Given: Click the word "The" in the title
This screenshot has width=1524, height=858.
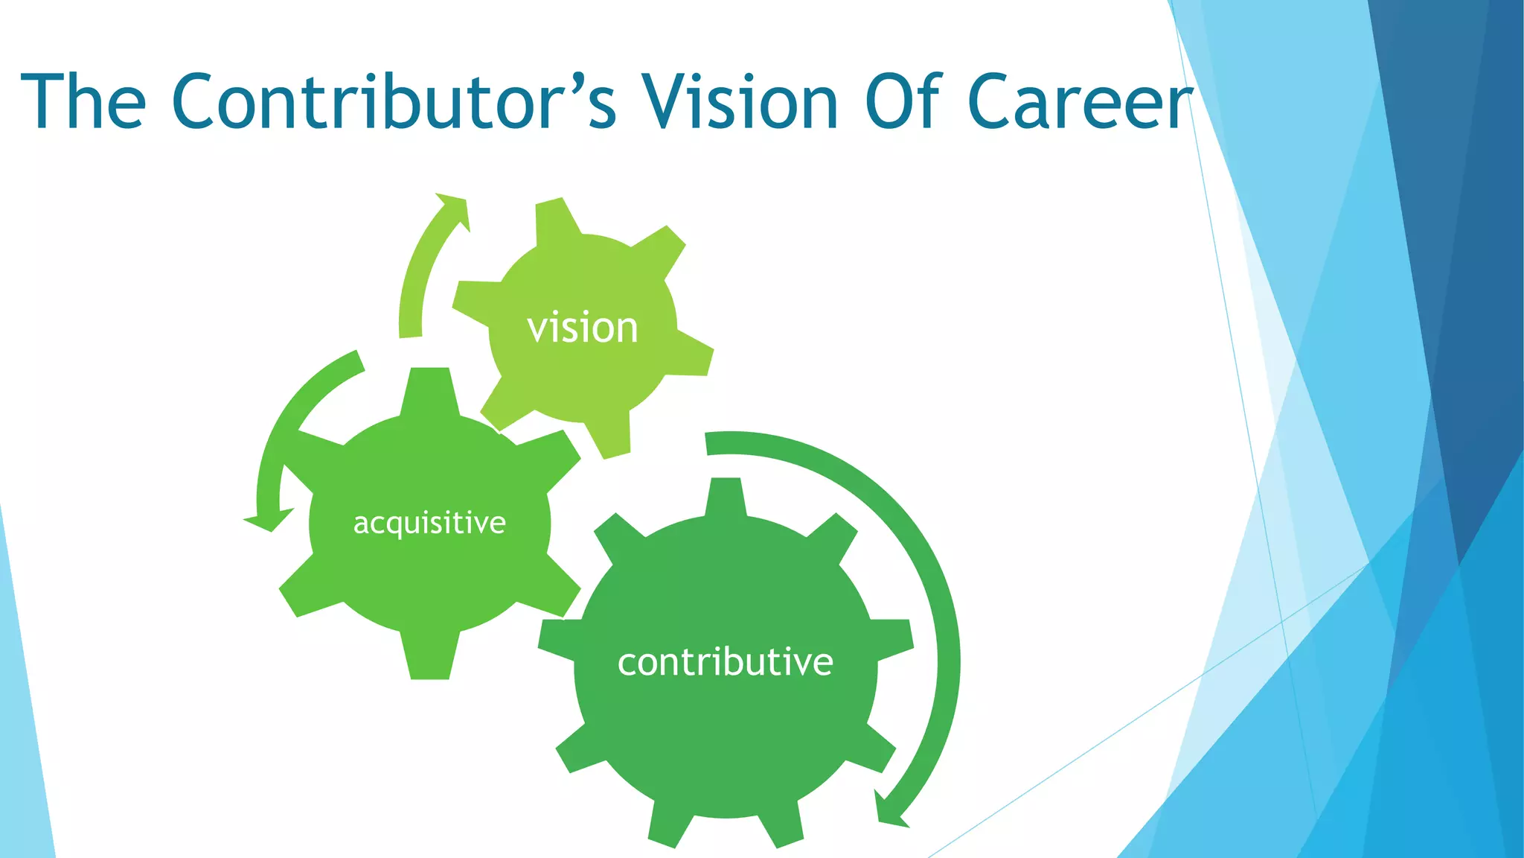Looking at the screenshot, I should tap(83, 101).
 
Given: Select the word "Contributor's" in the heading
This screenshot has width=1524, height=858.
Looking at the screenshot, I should tap(394, 101).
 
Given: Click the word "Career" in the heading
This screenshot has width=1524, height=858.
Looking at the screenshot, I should tap(1079, 101).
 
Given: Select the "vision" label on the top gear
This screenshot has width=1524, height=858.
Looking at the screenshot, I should tap(583, 328).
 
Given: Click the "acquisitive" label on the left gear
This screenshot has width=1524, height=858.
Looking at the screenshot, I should tap(429, 523).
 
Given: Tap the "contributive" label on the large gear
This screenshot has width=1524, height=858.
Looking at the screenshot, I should tap(726, 662).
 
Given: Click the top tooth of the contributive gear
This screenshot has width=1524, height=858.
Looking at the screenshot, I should tap(725, 495).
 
